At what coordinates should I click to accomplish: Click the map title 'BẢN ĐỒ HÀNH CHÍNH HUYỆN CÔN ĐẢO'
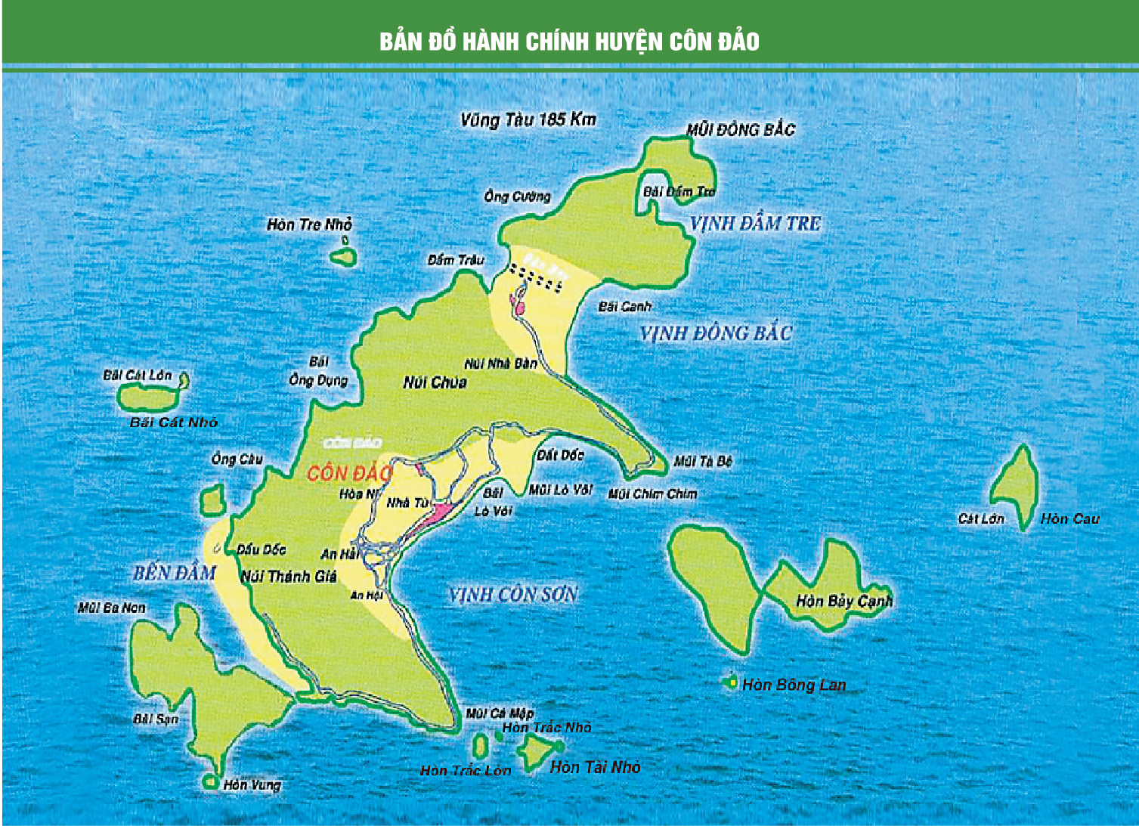coord(569,41)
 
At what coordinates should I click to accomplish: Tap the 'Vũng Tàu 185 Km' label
coord(528,119)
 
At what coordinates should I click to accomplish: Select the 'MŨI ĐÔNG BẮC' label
coord(740,129)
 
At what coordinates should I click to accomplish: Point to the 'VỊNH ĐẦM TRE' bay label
coord(754,224)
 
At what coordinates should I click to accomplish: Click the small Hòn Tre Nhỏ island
coord(344,256)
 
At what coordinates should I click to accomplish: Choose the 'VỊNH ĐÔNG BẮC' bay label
coord(715,333)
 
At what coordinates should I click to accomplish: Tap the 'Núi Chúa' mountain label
coord(435,382)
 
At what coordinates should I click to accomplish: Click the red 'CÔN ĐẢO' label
coord(349,473)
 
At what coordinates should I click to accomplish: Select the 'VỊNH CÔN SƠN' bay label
coord(512,595)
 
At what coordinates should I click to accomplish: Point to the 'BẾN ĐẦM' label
coord(175,573)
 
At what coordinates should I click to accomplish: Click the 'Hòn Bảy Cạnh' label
coord(844,602)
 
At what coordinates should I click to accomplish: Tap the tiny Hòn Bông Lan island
coord(731,682)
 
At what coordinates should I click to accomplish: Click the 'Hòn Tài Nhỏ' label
coord(595,767)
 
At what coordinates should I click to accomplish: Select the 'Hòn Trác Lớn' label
coord(466,770)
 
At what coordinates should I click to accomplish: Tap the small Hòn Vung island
coord(210,782)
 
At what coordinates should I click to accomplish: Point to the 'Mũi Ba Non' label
coord(111,608)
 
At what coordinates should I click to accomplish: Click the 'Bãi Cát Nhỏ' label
coord(173,422)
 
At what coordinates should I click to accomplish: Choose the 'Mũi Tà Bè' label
coord(703,461)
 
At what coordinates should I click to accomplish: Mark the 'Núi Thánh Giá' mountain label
coord(289,577)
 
